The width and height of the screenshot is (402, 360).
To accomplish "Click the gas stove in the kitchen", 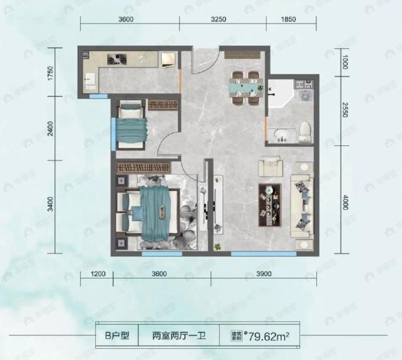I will pos(117,60).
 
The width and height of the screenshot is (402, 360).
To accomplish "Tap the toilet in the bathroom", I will pos(304,133).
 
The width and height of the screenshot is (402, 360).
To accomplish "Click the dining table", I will pos(244,85).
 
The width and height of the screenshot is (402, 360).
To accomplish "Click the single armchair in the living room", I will pos(271,166).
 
